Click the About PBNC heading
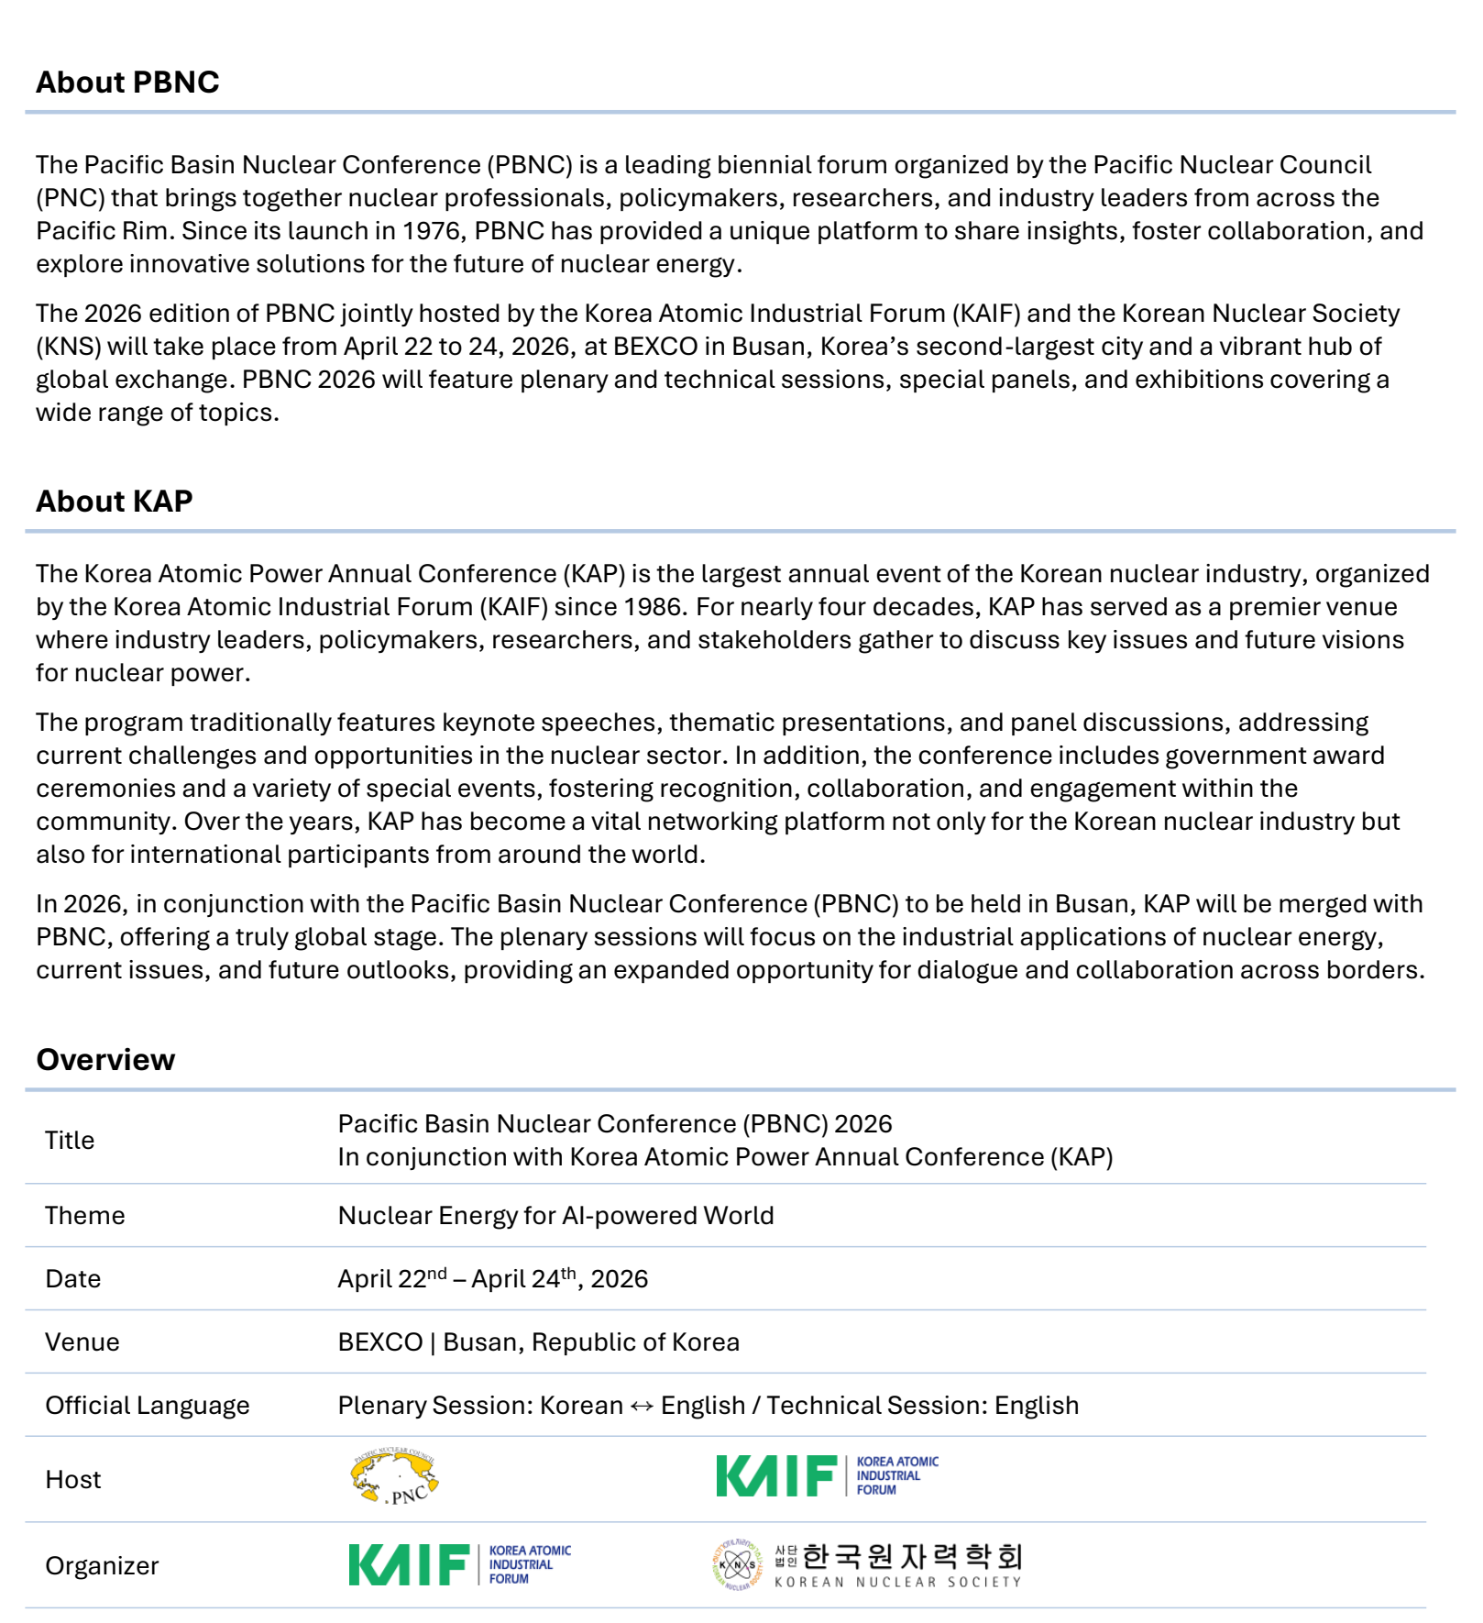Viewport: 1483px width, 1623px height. tap(127, 83)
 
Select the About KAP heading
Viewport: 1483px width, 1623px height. tap(115, 502)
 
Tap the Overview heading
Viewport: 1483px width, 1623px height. tap(105, 1060)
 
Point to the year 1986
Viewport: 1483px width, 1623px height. tap(655, 607)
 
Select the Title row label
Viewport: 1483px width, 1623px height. tap(70, 1141)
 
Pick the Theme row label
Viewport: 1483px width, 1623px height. tap(85, 1216)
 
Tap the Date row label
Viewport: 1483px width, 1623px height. tap(73, 1279)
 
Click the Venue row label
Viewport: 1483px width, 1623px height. tap(82, 1342)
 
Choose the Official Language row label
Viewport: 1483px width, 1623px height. tap(148, 1406)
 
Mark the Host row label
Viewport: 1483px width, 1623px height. tap(73, 1480)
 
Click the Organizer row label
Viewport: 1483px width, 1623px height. tap(102, 1566)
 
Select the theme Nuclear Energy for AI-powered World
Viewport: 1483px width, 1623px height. tap(555, 1216)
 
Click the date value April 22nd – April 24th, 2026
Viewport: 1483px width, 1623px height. tap(492, 1279)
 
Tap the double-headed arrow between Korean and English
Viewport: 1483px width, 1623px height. tap(642, 1407)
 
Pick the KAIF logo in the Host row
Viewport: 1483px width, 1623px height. tap(827, 1476)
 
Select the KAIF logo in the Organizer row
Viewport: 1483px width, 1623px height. tap(459, 1564)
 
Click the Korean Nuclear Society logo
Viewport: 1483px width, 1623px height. tap(866, 1564)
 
